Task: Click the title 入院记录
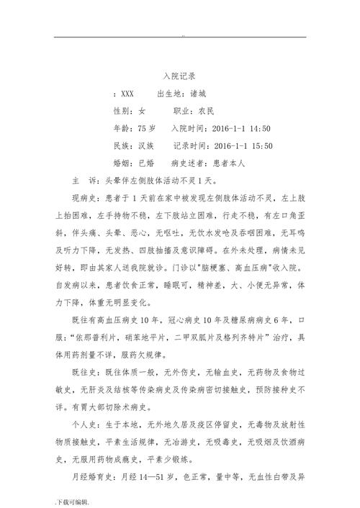[x=180, y=75]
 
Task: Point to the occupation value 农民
[x=209, y=112]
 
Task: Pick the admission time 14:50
[x=256, y=129]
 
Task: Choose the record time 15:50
[x=258, y=146]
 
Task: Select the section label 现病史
[x=85, y=199]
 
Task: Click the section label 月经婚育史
[x=94, y=476]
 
